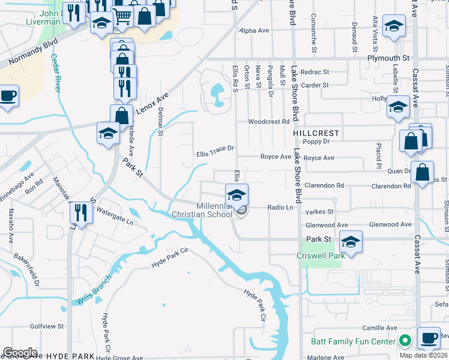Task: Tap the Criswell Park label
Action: tap(321, 256)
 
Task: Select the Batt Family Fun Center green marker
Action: tap(406, 341)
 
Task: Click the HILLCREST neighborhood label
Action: tap(316, 133)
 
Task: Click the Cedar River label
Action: tap(55, 72)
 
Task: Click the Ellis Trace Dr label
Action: tap(215, 154)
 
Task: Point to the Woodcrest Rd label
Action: tap(270, 121)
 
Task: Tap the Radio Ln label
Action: tap(280, 207)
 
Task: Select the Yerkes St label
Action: tap(319, 212)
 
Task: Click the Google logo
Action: tap(20, 353)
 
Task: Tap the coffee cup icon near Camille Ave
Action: tap(429, 338)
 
